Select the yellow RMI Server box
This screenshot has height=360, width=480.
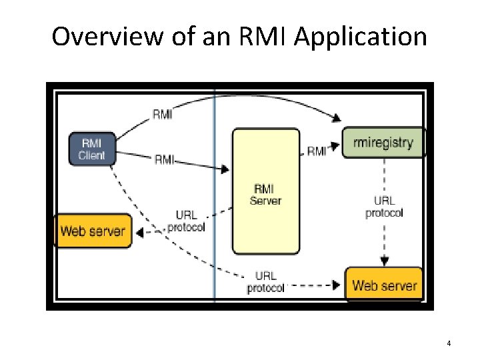point(265,192)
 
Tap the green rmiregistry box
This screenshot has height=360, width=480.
point(383,142)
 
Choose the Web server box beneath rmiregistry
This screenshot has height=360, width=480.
point(384,285)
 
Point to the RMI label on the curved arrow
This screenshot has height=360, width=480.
point(163,114)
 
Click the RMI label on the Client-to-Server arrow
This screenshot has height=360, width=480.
point(165,159)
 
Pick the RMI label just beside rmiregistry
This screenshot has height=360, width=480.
point(317,151)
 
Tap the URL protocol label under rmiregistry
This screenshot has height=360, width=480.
point(384,207)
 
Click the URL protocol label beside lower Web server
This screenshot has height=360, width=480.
point(265,281)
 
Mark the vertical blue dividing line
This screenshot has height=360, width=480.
point(214,200)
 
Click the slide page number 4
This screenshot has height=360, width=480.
point(449,343)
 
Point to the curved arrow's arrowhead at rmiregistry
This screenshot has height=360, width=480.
point(337,119)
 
